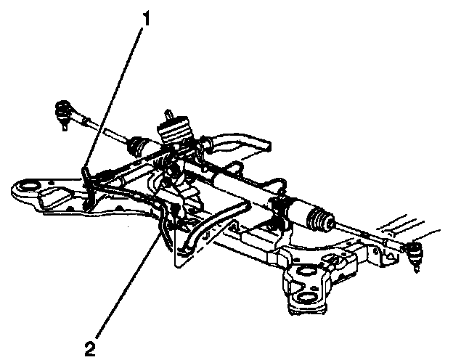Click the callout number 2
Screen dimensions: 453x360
[x=90, y=348]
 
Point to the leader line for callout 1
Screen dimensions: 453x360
[x=116, y=94]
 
